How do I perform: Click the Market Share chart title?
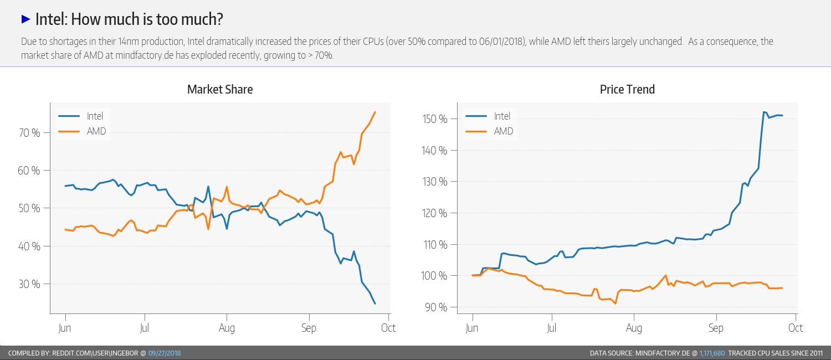(x=220, y=89)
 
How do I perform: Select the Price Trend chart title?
(x=627, y=89)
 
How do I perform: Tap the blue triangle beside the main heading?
(x=25, y=19)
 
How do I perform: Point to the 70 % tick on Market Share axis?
(x=29, y=133)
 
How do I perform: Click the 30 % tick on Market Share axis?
(x=29, y=284)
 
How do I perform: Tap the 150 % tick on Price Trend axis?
(x=436, y=119)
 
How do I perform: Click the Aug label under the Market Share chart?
(x=227, y=328)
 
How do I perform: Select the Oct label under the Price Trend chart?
(x=796, y=328)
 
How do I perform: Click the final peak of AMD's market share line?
(x=375, y=112)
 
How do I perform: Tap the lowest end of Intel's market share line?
(x=375, y=304)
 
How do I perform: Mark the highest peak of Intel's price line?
(x=764, y=112)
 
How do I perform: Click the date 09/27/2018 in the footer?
(x=165, y=353)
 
